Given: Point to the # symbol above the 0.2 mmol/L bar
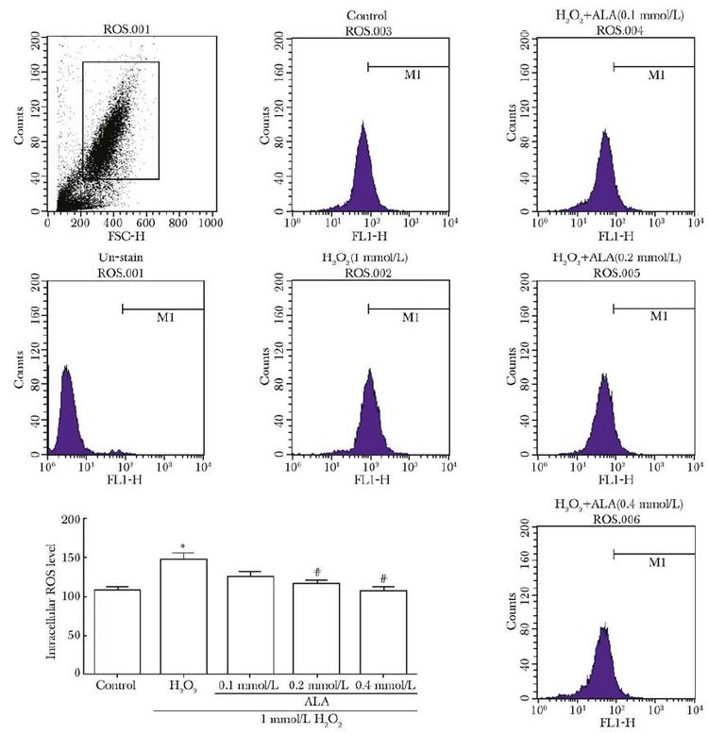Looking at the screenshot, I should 317,572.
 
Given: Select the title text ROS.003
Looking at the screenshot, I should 369,27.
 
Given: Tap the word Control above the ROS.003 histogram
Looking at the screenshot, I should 369,14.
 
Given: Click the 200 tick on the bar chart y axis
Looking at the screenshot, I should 69,520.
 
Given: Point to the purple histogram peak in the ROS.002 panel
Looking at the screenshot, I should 370,370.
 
